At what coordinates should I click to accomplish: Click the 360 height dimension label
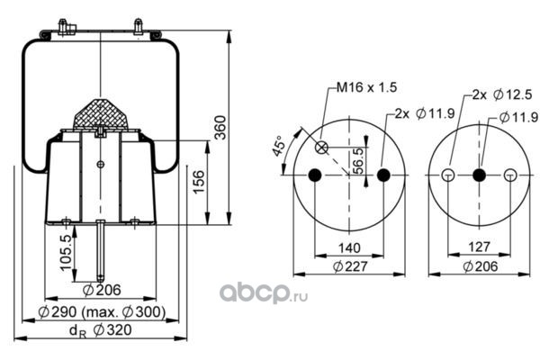(x=220, y=128)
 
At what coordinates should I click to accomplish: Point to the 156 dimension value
(x=199, y=182)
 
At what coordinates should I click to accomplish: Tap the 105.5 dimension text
(x=66, y=253)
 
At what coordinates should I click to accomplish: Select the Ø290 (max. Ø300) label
(x=102, y=311)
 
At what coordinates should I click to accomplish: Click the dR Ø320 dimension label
(x=101, y=330)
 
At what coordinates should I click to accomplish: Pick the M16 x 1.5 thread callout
(x=366, y=87)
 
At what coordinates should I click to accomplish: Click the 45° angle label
(x=279, y=146)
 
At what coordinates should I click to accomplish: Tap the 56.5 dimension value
(x=358, y=161)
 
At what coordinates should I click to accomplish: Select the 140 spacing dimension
(x=349, y=247)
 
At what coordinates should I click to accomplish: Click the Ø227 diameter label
(x=350, y=266)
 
